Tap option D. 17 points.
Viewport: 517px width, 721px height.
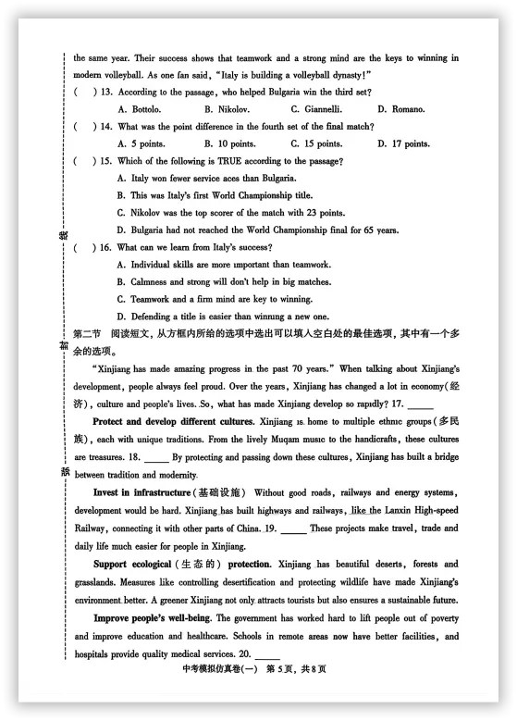(403, 143)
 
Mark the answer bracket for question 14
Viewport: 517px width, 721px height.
(82, 127)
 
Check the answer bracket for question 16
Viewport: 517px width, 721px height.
(82, 247)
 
